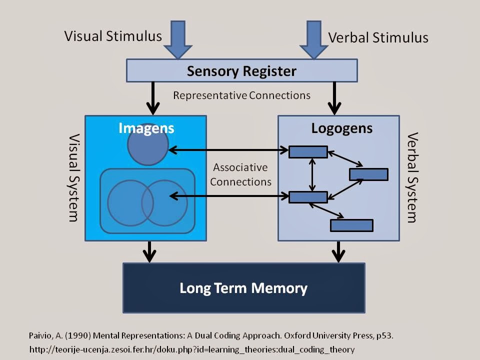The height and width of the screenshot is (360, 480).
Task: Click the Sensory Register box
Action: [x=241, y=70]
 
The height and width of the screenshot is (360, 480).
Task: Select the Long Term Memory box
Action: [x=243, y=288]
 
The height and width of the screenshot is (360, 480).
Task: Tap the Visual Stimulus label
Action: [x=113, y=36]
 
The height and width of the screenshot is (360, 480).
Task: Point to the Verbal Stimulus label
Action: [x=378, y=37]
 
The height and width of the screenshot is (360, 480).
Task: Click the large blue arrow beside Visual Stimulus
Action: [x=178, y=39]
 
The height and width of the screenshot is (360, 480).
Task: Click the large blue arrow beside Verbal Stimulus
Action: [x=314, y=39]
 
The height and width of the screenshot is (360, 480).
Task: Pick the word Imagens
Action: [x=146, y=128]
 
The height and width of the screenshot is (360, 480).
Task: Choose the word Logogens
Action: [x=342, y=128]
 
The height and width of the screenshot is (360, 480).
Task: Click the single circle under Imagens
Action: [x=148, y=145]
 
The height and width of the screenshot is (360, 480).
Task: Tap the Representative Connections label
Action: [x=241, y=95]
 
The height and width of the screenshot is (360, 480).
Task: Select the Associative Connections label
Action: [x=240, y=174]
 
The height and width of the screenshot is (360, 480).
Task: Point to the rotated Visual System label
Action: [x=73, y=177]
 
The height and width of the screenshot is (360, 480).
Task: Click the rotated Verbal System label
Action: [x=412, y=177]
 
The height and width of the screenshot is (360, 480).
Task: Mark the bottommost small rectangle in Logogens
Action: [x=351, y=225]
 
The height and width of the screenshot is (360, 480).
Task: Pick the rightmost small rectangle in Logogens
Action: [x=368, y=174]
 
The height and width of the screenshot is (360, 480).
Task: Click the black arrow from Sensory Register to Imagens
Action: [x=153, y=98]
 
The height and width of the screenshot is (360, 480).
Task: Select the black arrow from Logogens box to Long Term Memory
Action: [x=338, y=251]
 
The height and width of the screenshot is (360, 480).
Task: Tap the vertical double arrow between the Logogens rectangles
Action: [x=312, y=174]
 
